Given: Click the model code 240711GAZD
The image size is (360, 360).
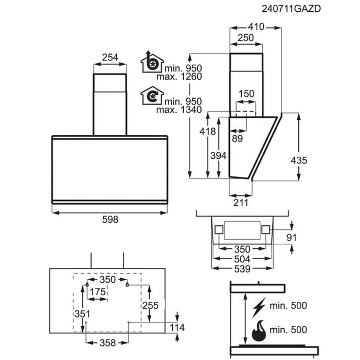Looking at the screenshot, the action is click(291, 9).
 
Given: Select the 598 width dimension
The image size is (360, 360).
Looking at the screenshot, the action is click(110, 220).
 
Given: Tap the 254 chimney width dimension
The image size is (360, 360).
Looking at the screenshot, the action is click(110, 58).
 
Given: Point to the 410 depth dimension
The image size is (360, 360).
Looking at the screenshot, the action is click(256, 27).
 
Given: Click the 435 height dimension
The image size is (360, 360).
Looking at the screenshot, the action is click(299, 160).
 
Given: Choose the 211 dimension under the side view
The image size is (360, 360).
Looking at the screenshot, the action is click(241, 203).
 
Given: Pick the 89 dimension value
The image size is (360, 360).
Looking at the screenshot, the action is click(238, 138).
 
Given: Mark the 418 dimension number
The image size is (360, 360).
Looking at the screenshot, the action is click(208, 132).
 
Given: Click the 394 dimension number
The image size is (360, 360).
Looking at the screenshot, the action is click(219, 156).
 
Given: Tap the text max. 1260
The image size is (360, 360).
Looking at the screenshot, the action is click(179, 77).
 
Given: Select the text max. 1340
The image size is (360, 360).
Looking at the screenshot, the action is click(179, 110).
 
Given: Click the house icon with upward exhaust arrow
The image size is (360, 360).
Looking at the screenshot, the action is click(152, 62).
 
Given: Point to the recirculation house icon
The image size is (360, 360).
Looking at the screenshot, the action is click(152, 96).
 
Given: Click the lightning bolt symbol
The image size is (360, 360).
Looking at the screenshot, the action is click(259, 307).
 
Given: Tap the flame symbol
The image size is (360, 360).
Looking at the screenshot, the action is click(259, 331).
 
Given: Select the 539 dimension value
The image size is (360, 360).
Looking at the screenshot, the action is click(242, 268).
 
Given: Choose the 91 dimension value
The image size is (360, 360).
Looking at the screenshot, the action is click(292, 238).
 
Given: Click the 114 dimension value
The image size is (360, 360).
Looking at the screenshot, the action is click(177, 328).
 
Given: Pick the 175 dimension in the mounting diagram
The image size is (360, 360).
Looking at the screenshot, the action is click(98, 292).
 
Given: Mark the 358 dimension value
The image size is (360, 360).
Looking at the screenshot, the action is click(107, 343).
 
